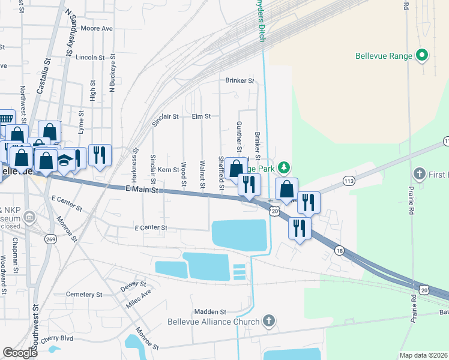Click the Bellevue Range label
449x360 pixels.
[384, 56]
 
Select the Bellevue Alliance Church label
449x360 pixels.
[214, 322]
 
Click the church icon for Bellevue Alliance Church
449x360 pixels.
[269, 322]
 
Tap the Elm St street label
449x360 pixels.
[201, 116]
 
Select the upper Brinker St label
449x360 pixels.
[240, 80]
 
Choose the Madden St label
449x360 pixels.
[209, 312]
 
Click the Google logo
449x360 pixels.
[20, 352]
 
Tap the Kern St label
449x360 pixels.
[168, 170]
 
